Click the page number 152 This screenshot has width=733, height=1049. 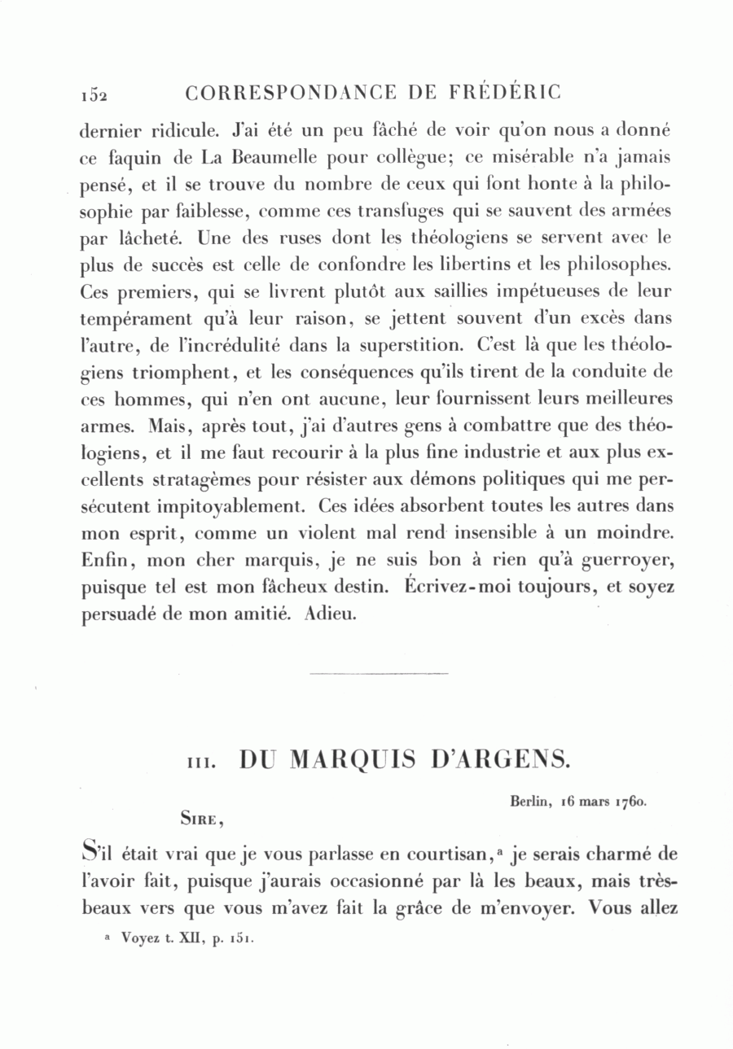pyautogui.click(x=94, y=94)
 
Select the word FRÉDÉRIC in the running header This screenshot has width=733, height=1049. pyautogui.click(x=506, y=93)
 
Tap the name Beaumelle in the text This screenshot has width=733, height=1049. pyautogui.click(x=248, y=158)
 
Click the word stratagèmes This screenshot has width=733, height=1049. pyautogui.click(x=199, y=479)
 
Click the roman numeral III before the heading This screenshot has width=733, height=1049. pyautogui.click(x=200, y=763)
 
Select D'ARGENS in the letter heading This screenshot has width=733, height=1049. pyautogui.click(x=498, y=759)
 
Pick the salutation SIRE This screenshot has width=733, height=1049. pyautogui.click(x=200, y=820)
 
